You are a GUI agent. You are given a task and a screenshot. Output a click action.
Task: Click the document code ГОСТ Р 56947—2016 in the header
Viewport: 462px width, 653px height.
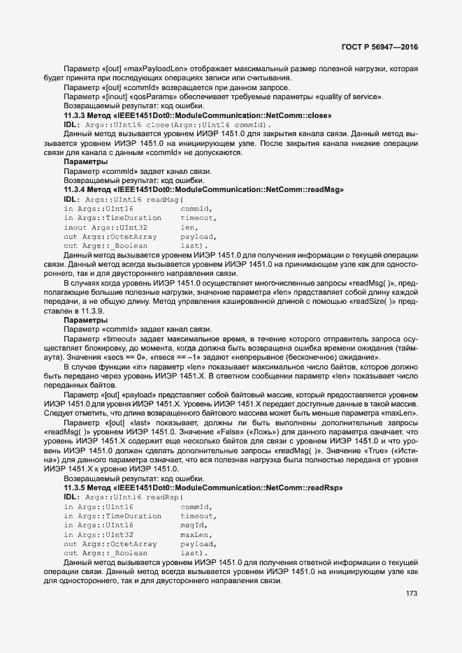[380, 47]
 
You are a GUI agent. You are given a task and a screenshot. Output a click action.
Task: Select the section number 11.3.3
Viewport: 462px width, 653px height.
[75, 115]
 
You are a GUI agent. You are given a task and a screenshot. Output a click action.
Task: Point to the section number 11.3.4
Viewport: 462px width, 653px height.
[75, 189]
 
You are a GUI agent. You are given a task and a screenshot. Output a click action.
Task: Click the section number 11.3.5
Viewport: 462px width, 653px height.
[75, 487]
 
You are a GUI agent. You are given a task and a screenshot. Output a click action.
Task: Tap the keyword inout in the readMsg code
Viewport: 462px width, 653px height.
[75, 227]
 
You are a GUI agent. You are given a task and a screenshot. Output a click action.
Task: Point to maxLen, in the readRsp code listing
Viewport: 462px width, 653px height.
[196, 534]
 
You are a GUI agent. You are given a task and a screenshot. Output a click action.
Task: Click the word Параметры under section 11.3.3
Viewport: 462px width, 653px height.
[85, 161]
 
